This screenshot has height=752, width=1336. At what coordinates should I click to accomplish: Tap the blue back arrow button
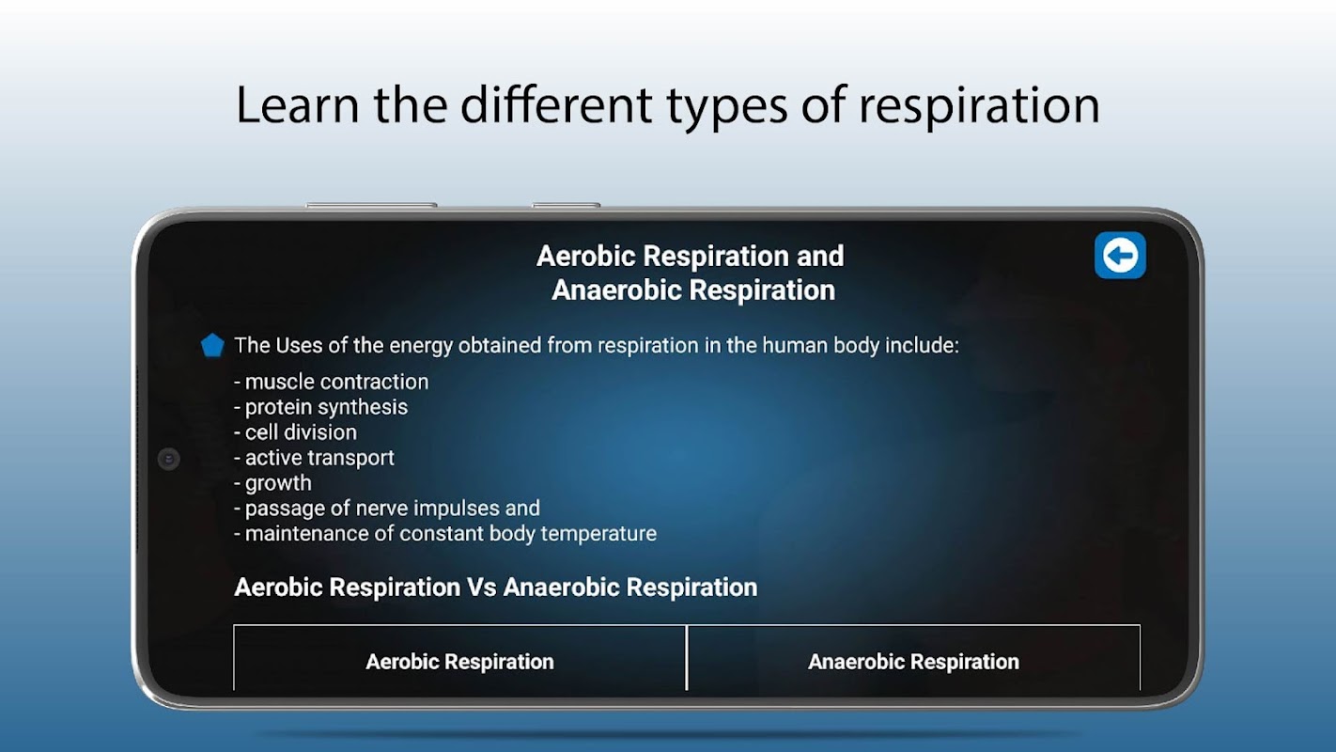coord(1120,256)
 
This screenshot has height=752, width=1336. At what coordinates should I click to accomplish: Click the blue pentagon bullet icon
coord(212,346)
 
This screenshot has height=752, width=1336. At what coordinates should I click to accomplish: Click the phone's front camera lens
coord(169,459)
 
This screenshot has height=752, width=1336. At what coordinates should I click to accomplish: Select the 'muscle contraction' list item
coord(332,382)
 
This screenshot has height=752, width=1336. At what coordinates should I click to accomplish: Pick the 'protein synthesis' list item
coord(321,408)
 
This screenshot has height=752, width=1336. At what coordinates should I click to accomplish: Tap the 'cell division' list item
coord(296,432)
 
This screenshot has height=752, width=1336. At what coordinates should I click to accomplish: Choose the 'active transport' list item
coord(315,458)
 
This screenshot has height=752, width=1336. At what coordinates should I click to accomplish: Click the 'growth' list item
coord(273,483)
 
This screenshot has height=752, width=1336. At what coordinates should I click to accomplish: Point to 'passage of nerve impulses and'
coord(387,509)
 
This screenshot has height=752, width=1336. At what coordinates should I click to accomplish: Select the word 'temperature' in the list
coord(598,534)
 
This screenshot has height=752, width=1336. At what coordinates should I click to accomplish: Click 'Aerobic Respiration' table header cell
coord(459,662)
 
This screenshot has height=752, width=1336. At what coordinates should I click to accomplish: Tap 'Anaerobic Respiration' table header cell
coord(914,662)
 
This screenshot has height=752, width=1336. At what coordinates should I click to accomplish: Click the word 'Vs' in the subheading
coord(482,587)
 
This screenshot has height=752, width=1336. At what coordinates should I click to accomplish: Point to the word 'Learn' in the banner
coord(298,105)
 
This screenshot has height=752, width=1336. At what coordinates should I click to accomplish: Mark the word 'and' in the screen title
coord(821,256)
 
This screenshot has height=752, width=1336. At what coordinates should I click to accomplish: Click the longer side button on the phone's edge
coord(371,205)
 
